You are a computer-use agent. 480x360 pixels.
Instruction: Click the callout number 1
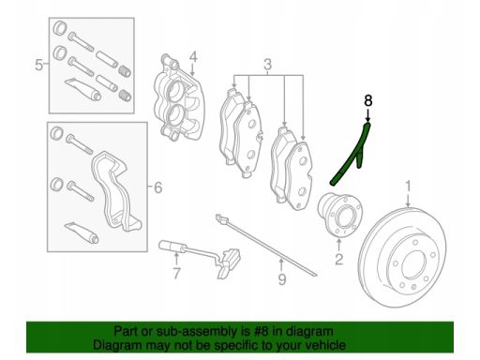(x=408, y=186)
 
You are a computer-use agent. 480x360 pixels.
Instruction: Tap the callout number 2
(x=339, y=259)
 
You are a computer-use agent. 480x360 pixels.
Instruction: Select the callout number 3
(x=268, y=65)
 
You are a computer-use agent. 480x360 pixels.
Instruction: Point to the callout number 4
(x=193, y=57)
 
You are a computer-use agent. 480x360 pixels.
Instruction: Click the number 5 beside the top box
(x=38, y=66)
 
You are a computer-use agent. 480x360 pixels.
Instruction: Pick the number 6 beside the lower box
(x=158, y=187)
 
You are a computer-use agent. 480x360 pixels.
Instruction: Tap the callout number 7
(x=176, y=274)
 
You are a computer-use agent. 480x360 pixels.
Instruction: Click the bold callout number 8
(x=368, y=100)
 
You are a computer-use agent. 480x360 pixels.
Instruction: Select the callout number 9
(x=282, y=279)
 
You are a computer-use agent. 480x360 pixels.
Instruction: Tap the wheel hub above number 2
(x=340, y=216)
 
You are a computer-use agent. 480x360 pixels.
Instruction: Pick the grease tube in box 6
(x=82, y=232)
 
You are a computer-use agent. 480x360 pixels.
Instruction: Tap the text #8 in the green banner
(x=261, y=331)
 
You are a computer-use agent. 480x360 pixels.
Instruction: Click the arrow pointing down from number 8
(x=368, y=115)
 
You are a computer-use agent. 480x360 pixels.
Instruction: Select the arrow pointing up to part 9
(x=281, y=265)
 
